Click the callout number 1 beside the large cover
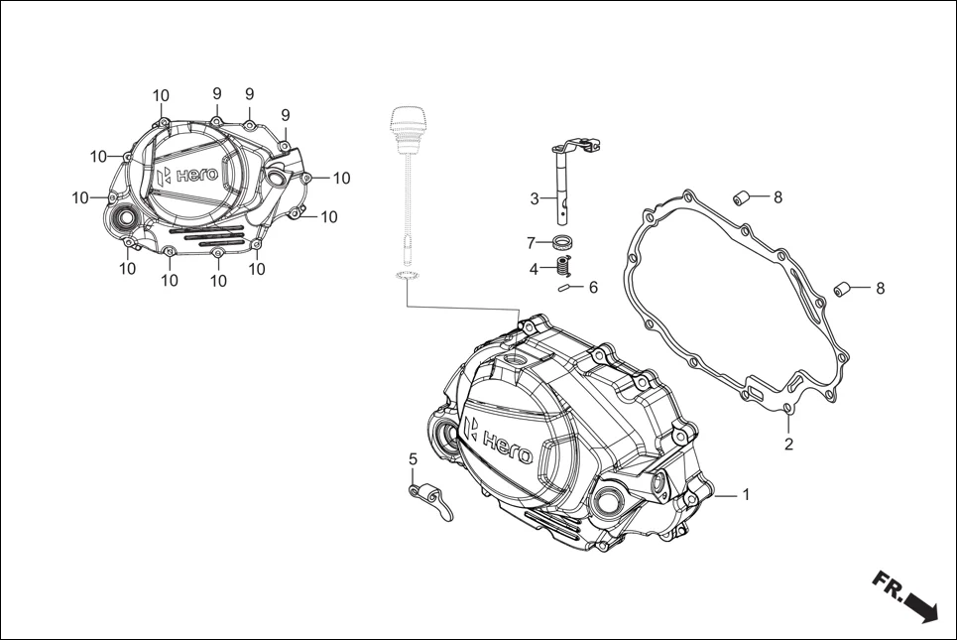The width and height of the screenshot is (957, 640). click(747, 494)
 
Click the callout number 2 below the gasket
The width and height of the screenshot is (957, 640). click(788, 444)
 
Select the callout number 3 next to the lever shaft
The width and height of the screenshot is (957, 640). click(535, 198)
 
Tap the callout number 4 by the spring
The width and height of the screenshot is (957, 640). click(534, 268)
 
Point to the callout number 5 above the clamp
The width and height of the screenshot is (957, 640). click(414, 458)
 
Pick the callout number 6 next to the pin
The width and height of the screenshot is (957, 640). click(593, 288)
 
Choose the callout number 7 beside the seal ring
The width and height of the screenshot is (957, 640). click(532, 242)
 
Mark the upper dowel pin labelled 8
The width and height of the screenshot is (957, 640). click(739, 196)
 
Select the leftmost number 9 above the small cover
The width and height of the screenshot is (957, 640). click(216, 93)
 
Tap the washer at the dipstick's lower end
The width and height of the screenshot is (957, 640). click(404, 274)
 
